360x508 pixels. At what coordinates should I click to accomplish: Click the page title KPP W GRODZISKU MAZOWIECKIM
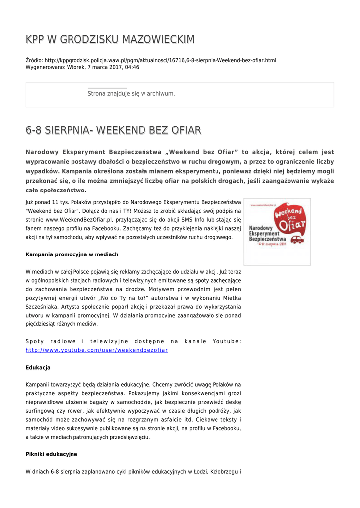(x=110, y=39)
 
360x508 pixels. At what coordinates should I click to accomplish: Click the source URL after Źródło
(x=160, y=60)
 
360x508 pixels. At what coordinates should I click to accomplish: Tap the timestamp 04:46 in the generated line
(x=132, y=67)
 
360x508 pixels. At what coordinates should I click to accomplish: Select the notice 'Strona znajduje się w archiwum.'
(x=131, y=93)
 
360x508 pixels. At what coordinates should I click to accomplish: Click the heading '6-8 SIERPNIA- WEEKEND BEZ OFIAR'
(x=113, y=130)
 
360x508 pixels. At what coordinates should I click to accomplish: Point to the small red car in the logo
(x=297, y=240)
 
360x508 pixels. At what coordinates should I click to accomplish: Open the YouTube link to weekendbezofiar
(x=97, y=350)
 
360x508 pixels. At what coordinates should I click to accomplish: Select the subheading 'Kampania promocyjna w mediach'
(x=72, y=254)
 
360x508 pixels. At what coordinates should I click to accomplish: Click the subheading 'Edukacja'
(x=38, y=368)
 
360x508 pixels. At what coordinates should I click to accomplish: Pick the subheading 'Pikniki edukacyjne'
(x=51, y=454)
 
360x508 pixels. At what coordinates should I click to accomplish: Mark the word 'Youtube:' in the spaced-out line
(x=226, y=341)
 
